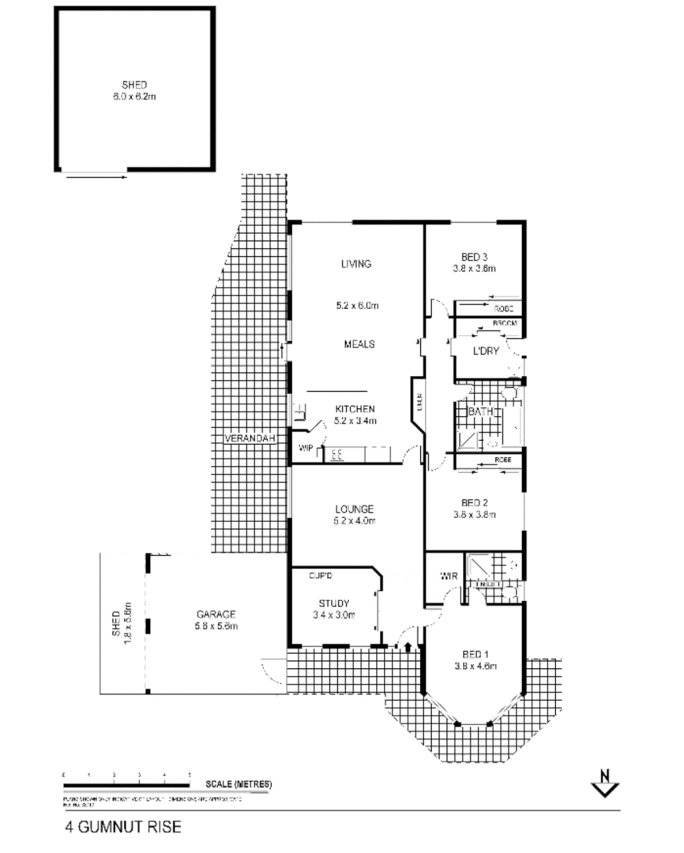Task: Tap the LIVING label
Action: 356,264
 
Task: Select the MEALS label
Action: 359,344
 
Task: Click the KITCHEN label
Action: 355,408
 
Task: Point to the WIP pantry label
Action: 306,449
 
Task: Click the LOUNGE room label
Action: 355,509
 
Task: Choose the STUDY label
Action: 331,604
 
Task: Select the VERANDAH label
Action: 250,439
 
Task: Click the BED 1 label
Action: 475,654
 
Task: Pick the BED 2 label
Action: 476,503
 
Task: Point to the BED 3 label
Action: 475,256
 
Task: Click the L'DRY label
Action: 486,351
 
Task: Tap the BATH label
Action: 481,411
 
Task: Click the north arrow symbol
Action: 606,784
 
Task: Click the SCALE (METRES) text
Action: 239,784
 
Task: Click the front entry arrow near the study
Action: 408,648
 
